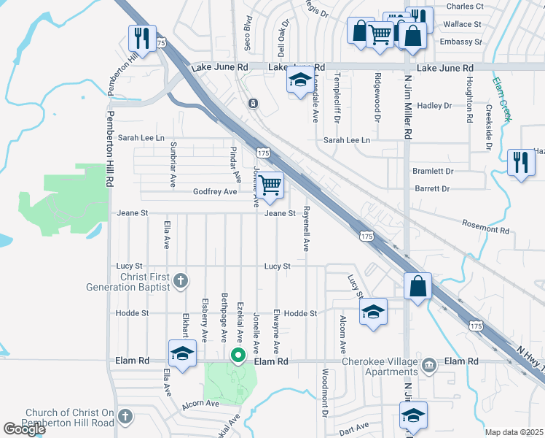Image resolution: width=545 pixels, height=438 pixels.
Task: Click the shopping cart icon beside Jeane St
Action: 270,185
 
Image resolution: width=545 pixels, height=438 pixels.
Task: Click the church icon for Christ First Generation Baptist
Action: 181,280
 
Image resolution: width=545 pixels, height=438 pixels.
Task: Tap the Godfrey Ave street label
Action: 215,191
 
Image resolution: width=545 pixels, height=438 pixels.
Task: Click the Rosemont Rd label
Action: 485,229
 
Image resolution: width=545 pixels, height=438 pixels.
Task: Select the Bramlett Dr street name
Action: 433,171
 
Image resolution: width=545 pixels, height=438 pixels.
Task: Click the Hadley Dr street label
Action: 434,105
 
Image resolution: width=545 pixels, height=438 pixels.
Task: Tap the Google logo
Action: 24,429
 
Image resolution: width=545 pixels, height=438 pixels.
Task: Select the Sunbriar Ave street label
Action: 173,164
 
